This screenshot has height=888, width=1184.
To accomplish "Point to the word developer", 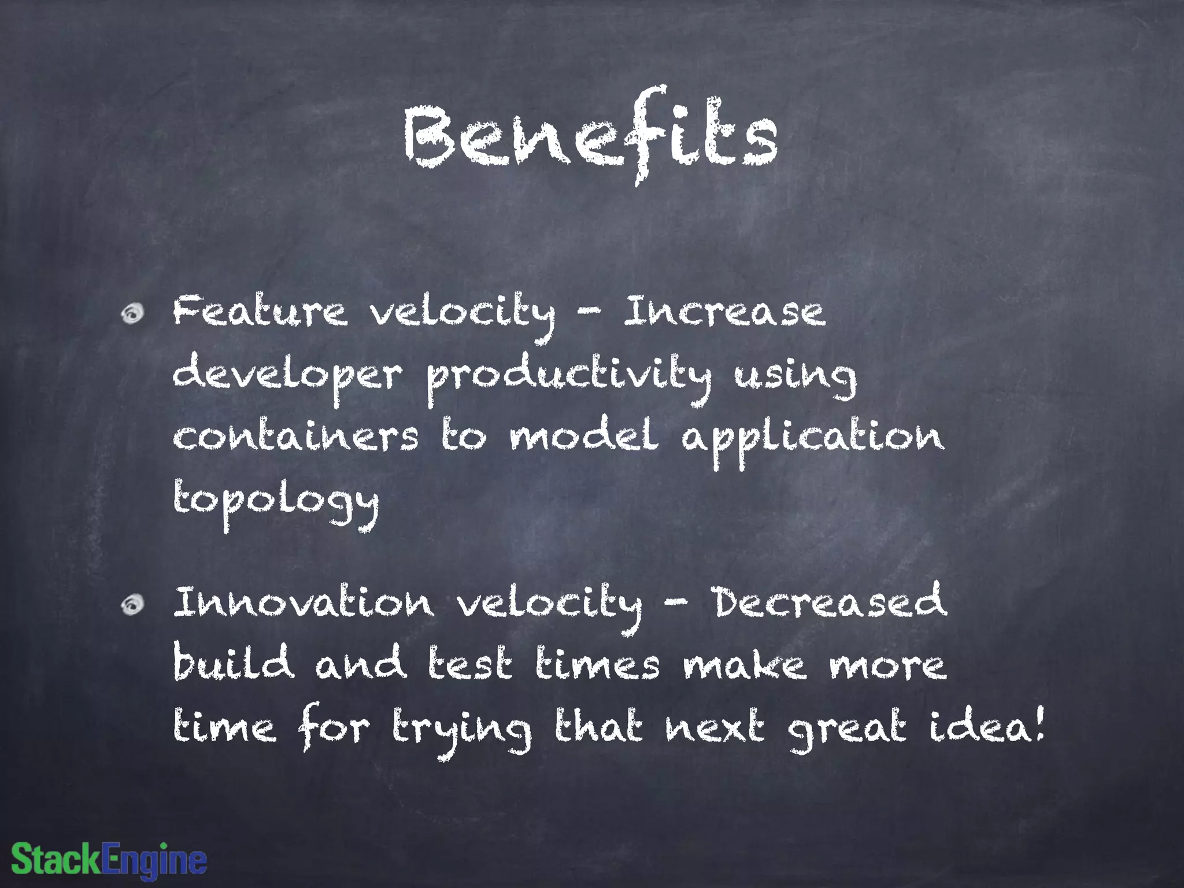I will pyautogui.click(x=287, y=376).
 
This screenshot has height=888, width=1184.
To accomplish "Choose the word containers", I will pyautogui.click(x=295, y=436).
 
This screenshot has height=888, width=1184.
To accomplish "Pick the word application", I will pyautogui.click(x=812, y=439).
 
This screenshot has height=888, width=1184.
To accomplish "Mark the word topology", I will pyautogui.click(x=276, y=502).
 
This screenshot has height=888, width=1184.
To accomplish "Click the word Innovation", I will pyautogui.click(x=304, y=602).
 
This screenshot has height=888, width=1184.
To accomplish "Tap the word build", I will pyautogui.click(x=233, y=663).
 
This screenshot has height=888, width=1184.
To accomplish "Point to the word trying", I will pyautogui.click(x=461, y=730).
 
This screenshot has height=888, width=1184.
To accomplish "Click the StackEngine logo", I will pyautogui.click(x=109, y=860).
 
